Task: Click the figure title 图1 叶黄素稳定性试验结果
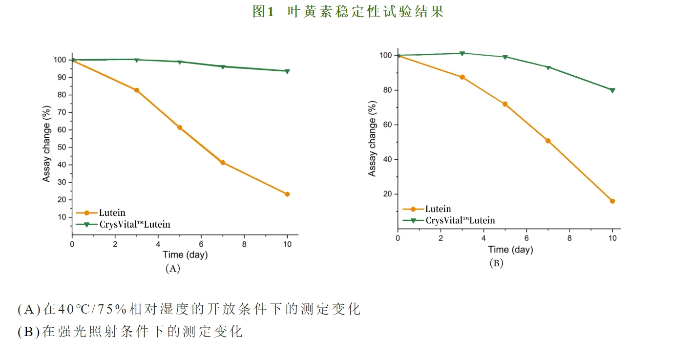coord(348,12)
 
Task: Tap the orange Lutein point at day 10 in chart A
coord(287,194)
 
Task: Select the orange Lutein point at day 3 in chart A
coord(137,90)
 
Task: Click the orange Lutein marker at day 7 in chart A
coord(223,163)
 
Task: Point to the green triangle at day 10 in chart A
coord(287,71)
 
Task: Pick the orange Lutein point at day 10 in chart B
coord(612,201)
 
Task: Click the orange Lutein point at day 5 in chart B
coord(505,104)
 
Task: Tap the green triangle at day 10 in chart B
coord(612,90)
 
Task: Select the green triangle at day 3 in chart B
coord(462,53)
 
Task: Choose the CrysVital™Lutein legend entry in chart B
coord(460,220)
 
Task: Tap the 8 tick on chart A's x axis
coord(244,244)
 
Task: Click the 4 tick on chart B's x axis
coord(483,238)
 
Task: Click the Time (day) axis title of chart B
coord(510,250)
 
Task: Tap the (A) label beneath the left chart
coord(173,268)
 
